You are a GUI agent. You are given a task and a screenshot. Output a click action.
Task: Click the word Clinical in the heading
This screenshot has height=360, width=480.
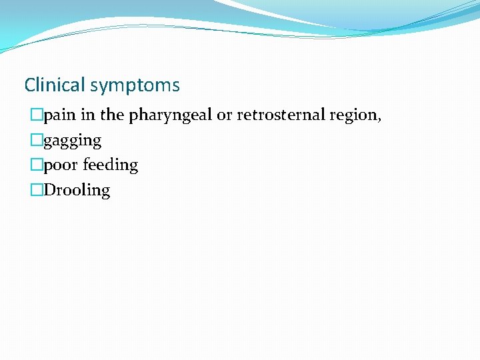[55, 85]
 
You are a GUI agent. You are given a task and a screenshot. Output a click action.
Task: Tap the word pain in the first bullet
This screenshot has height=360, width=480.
[60, 115]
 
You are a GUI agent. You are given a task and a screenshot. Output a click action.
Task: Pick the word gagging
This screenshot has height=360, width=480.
[73, 141]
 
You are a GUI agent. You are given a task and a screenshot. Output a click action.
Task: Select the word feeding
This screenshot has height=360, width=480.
[110, 165]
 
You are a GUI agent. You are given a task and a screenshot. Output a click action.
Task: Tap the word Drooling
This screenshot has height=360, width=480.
[77, 191]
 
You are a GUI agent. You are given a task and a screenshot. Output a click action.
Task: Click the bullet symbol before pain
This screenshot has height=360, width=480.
[37, 115]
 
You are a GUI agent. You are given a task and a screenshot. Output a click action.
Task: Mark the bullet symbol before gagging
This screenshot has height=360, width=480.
[37, 141]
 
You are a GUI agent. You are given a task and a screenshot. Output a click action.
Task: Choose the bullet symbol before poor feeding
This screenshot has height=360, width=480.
[37, 165]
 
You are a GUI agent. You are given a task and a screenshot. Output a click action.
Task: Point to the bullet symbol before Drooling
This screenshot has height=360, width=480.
[37, 191]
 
